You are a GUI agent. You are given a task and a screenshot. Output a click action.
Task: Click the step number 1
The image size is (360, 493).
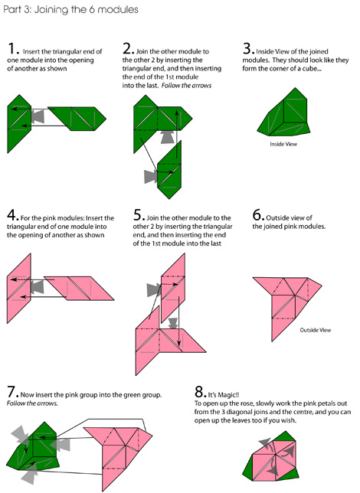[12, 49]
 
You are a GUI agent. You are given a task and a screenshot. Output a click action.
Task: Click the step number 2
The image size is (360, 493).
[128, 49]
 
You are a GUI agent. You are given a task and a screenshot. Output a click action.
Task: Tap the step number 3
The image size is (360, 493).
[247, 49]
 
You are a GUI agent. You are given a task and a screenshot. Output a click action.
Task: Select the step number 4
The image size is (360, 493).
[12, 215]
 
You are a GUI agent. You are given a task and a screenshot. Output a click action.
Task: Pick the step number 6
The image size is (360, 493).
[258, 215]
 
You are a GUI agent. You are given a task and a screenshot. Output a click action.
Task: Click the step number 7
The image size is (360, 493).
[12, 392]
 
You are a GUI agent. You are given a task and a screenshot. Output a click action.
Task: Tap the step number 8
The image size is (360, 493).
[201, 392]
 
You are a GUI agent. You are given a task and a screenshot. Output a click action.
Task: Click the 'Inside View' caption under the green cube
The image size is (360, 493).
[283, 144]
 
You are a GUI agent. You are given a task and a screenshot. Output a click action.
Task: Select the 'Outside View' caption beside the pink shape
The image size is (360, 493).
[316, 330]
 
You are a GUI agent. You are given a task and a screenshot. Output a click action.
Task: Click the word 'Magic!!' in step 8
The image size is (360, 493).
[228, 395]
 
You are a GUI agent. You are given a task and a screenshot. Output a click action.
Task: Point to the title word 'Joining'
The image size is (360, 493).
[51, 10]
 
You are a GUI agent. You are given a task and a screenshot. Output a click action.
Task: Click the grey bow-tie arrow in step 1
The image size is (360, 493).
[38, 116]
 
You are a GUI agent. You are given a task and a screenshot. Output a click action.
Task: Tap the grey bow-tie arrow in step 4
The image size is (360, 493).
[37, 287]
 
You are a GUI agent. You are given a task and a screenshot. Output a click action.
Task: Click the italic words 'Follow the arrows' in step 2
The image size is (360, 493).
[186, 86]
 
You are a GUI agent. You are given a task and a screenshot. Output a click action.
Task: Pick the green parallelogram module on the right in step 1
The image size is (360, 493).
[77, 119]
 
